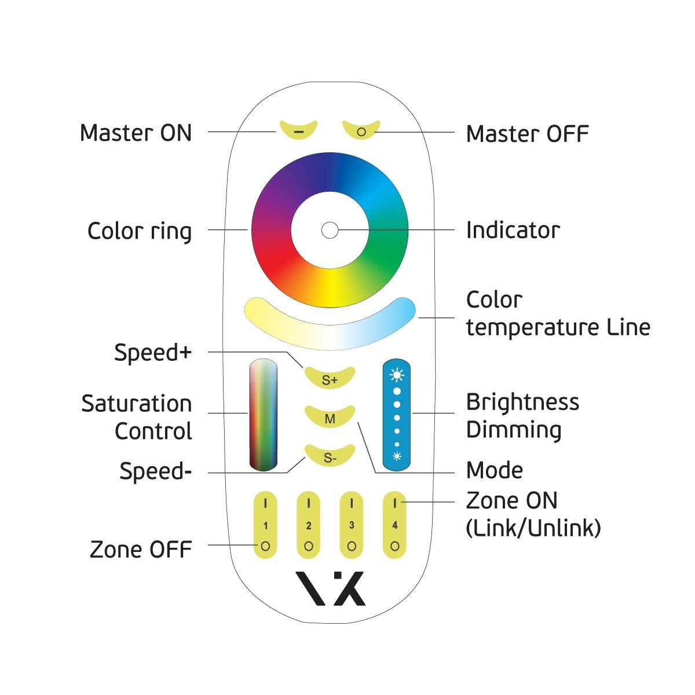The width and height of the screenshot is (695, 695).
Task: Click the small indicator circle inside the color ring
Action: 330,230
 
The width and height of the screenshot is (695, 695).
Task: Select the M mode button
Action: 330,417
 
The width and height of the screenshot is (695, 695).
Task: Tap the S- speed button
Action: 330,456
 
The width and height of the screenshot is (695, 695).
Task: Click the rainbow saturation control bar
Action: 264,415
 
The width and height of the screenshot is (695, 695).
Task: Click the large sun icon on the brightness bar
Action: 397,375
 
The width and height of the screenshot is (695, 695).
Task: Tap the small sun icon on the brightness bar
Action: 397,456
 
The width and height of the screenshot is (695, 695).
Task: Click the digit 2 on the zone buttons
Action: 308,526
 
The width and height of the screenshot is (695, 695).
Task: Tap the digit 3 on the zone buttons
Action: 352,525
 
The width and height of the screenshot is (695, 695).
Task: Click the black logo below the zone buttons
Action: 330,588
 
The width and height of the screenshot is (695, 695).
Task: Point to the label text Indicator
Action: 513,230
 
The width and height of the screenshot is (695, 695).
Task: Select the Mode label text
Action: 495,470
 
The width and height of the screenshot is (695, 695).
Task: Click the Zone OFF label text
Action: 141,549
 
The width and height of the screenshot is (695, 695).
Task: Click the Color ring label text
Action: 140,231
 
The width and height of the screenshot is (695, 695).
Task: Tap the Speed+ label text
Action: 153,353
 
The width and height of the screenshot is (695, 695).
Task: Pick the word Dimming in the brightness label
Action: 514,430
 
